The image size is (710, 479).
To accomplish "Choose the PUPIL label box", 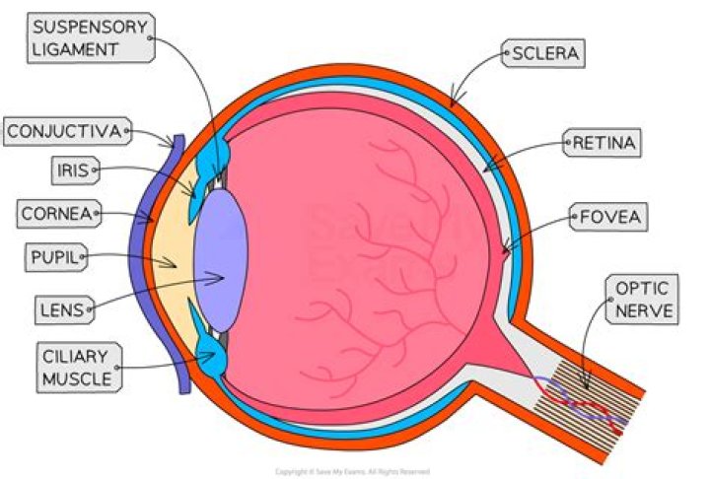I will [x=52, y=259].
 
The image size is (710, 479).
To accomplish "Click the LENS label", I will [x=57, y=309].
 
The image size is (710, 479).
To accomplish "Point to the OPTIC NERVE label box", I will [x=643, y=301].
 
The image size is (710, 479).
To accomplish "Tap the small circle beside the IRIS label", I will [x=96, y=171].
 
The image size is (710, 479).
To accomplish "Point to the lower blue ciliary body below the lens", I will [x=211, y=356].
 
